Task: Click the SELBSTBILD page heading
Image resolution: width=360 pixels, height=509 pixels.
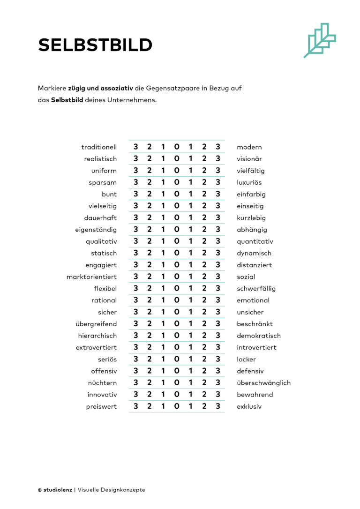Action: (x=95, y=45)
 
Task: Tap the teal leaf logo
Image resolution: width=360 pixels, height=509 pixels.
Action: (x=320, y=40)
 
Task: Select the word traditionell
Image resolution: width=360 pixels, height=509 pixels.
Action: (x=99, y=147)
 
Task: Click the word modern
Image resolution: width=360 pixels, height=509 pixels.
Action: (x=249, y=147)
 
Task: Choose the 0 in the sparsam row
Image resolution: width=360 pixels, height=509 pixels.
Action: (x=177, y=182)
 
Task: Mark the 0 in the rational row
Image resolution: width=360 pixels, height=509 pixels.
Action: (x=177, y=300)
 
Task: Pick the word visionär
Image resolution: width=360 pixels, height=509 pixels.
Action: (x=249, y=159)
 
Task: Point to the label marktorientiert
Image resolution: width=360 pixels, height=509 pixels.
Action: (x=91, y=277)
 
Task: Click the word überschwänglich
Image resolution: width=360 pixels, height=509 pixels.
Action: (x=263, y=382)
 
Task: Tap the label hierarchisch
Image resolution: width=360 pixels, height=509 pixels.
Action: (x=97, y=336)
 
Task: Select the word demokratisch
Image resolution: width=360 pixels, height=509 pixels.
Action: (x=259, y=336)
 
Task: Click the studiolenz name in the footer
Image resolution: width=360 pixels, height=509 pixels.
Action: (x=57, y=490)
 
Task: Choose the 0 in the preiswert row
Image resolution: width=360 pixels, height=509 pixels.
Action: (x=177, y=406)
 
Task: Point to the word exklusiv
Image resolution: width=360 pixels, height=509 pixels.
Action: (x=249, y=406)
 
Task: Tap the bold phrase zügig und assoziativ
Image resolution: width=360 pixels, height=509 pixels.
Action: (x=100, y=88)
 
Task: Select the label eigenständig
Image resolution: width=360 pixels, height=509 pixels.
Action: (x=96, y=230)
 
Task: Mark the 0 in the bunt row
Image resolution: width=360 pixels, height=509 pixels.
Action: (x=177, y=194)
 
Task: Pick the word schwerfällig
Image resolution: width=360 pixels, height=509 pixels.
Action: (x=256, y=288)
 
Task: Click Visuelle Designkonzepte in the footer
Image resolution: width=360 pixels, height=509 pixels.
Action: (x=112, y=490)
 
